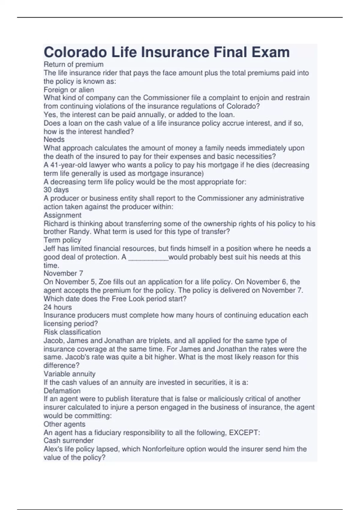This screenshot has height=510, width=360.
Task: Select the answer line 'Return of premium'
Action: tap(73, 64)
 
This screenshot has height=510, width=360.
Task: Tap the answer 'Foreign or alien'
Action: tap(69, 90)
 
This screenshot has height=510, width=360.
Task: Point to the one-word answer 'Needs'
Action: tap(54, 139)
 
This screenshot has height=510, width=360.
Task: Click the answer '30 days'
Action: tap(56, 190)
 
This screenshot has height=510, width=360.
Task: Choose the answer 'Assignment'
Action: tap(62, 215)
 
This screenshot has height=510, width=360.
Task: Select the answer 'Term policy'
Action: tap(62, 240)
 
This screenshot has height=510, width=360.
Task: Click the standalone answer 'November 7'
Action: tap(63, 273)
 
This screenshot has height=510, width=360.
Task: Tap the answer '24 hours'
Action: tap(58, 307)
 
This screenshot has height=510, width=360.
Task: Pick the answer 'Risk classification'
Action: tap(72, 332)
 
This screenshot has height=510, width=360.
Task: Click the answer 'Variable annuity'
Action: tap(70, 374)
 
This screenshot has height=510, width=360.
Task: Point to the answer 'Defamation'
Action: tap(62, 391)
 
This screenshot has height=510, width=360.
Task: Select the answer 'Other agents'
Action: tap(64, 424)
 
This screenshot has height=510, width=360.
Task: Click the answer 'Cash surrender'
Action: tap(68, 441)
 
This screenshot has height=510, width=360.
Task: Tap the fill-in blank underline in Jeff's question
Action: tap(148, 258)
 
